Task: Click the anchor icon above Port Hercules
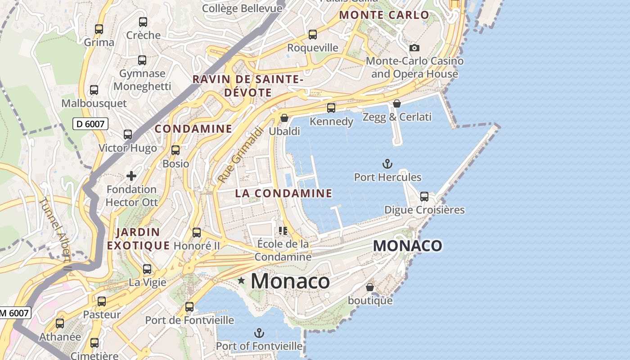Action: pos(387,164)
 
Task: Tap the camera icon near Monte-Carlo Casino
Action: pos(414,48)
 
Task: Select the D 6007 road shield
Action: pos(90,124)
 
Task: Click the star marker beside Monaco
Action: pos(241,281)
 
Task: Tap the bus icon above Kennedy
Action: pos(331,108)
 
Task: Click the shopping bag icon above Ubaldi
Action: pos(284,118)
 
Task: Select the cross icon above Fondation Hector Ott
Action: pos(131,176)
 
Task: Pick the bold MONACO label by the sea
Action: pos(408,246)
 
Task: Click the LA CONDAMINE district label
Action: pos(283,193)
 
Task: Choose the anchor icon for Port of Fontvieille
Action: pos(259,333)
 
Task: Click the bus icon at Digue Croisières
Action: pos(424,197)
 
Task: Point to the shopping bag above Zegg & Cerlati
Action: pos(397,104)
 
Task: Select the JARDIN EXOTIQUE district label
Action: pos(138,239)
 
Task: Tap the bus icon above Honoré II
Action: pos(197,233)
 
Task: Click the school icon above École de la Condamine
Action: pos(283,231)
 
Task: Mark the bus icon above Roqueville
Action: pos(313,35)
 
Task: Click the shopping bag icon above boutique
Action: pos(370,287)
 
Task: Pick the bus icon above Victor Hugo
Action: pos(128,135)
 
